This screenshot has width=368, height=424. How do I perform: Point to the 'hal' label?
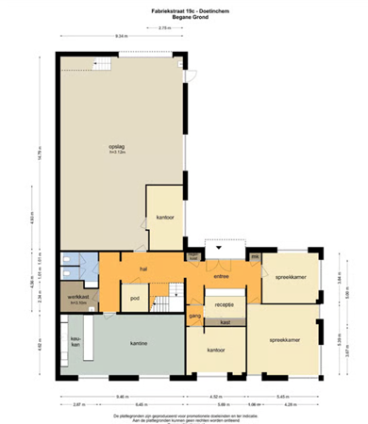[x=143, y=269]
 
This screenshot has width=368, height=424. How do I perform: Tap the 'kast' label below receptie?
[x=225, y=322]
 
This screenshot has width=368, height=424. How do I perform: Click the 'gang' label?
[x=195, y=317]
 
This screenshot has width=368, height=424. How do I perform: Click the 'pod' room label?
[x=135, y=300]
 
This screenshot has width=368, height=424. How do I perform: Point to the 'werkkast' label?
[x=78, y=300]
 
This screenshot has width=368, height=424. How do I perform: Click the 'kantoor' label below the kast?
[x=215, y=350]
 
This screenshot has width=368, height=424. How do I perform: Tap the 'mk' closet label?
[x=255, y=256]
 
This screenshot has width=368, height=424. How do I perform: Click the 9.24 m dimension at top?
[x=122, y=35]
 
